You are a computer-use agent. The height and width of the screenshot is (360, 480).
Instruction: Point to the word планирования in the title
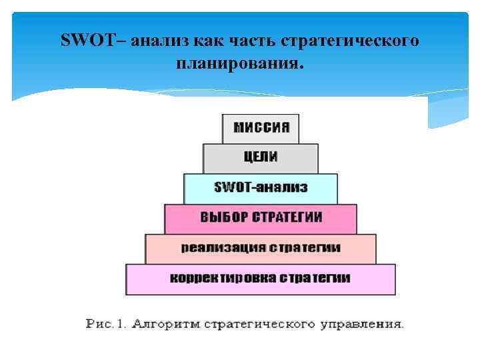click(239, 65)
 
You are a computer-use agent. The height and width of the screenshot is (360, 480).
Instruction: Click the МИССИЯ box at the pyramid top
click(261, 128)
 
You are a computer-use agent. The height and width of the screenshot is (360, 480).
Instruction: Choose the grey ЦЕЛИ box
click(261, 158)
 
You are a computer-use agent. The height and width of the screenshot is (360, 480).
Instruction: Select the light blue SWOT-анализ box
click(261, 188)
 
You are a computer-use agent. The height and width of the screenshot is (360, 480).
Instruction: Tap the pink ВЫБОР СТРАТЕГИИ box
click(261, 218)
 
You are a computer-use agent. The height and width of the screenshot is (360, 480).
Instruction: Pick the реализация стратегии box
click(261, 248)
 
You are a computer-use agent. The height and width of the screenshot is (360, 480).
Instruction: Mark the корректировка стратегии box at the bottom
click(261, 279)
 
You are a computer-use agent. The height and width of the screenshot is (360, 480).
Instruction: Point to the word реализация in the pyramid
click(222, 247)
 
